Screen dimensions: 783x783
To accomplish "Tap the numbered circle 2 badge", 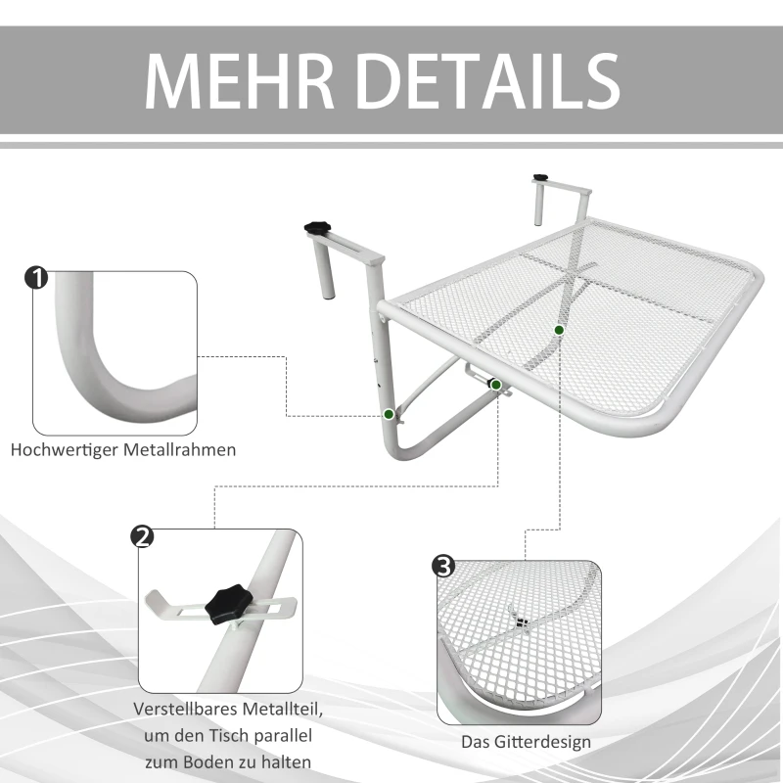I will point(142,536).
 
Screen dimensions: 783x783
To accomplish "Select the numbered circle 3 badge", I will point(443,567).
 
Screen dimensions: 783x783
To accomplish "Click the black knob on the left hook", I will point(319,227).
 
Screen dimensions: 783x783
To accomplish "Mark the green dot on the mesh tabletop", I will point(559,330).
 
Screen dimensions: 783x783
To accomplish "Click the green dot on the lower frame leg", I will point(390,415).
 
